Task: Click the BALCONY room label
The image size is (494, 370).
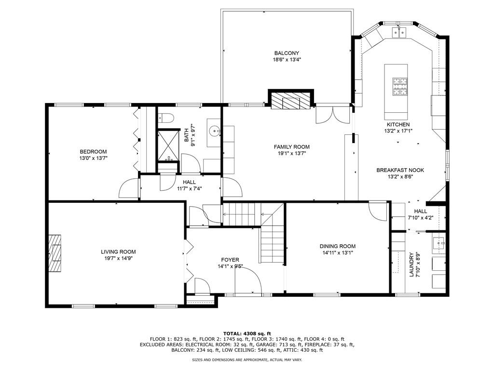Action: (x=287, y=53)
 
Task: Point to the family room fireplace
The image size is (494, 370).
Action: (x=290, y=102)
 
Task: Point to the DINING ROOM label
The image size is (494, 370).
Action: (x=339, y=246)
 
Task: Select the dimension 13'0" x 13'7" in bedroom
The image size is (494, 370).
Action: (x=93, y=158)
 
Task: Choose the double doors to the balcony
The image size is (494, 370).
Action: (x=332, y=115)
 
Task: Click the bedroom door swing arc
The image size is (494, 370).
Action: (x=128, y=188)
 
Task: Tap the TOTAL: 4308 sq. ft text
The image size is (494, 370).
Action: (x=247, y=333)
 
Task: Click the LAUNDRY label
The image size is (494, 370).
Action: (x=412, y=265)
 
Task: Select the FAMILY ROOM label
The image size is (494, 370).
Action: (x=291, y=147)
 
